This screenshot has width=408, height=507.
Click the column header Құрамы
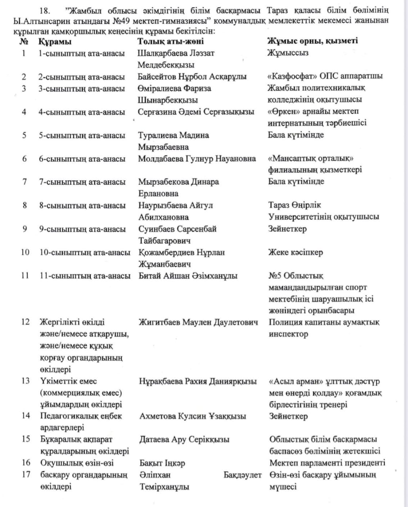click(55, 41)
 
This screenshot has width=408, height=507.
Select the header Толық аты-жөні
click(171, 41)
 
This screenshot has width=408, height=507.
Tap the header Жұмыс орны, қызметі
click(313, 41)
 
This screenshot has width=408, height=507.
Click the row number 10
click(25, 252)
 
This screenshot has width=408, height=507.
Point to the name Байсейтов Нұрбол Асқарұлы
click(192, 76)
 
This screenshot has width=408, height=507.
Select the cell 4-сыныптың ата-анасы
click(82, 112)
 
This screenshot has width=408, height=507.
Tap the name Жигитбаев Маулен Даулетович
click(198, 322)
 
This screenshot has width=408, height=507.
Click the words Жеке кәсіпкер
click(296, 252)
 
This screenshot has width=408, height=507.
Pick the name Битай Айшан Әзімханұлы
click(188, 276)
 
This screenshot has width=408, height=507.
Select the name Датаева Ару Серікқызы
click(184, 439)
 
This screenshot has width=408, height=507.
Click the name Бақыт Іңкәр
click(162, 463)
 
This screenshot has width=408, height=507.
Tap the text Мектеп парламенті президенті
click(327, 463)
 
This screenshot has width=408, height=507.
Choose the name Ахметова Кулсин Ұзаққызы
click(193, 416)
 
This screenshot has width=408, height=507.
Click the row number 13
click(25, 381)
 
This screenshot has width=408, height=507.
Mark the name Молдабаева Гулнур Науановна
click(197, 159)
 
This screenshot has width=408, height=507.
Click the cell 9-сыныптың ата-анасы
click(82, 229)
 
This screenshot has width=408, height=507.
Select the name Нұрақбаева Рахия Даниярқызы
click(198, 381)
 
